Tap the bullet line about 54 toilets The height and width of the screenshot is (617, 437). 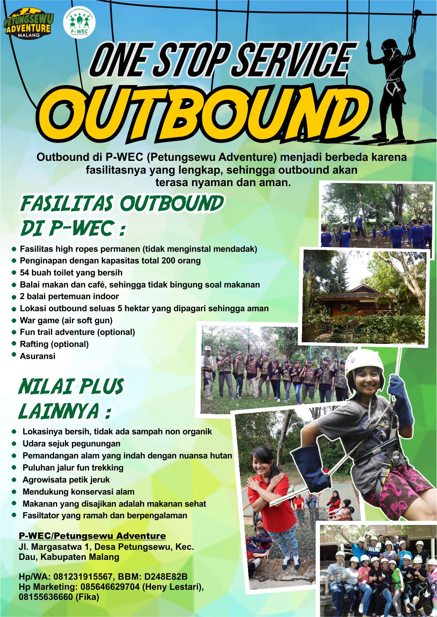click(x=71, y=273)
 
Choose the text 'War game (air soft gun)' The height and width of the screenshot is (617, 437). click(x=66, y=321)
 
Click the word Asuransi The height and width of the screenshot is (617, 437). click(x=38, y=356)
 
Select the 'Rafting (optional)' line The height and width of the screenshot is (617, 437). click(x=54, y=344)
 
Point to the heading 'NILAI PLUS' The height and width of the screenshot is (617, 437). click(x=71, y=387)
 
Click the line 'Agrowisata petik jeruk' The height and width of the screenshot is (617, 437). click(x=66, y=480)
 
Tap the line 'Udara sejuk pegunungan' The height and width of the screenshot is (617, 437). click(x=72, y=444)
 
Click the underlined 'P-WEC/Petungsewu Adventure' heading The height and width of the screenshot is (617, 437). click(x=93, y=536)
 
